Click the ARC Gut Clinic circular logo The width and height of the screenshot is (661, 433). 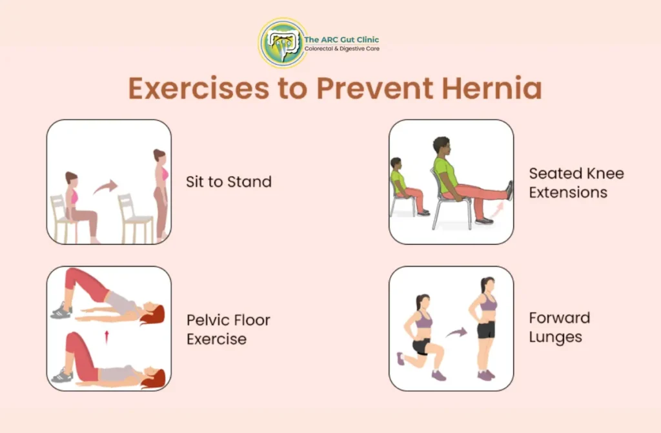283,43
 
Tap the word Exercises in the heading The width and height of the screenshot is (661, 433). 199,88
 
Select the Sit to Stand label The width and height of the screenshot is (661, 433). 229,182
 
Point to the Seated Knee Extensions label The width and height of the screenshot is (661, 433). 576,183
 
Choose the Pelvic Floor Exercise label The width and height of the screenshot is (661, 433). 228,329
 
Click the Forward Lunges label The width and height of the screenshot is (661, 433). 560,328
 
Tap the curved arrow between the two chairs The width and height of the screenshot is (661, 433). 105,186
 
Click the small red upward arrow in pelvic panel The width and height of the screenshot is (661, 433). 107,337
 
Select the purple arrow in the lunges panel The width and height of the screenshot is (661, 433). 456,333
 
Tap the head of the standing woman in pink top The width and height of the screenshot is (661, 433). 159,156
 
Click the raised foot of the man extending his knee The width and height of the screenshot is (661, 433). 509,190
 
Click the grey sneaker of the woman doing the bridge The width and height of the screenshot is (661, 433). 61,311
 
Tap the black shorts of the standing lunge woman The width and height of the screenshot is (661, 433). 486,330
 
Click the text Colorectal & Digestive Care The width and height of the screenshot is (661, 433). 342,49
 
